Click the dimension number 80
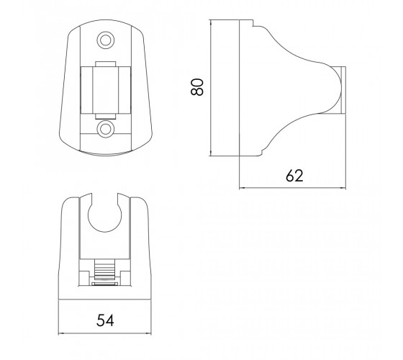197,87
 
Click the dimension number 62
294,176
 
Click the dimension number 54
105,320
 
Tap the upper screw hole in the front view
105,40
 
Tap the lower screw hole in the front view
105,129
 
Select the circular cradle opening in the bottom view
104,215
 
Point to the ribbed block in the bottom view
104,269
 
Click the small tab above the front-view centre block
106,64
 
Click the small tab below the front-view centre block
106,116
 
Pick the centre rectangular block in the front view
106,90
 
